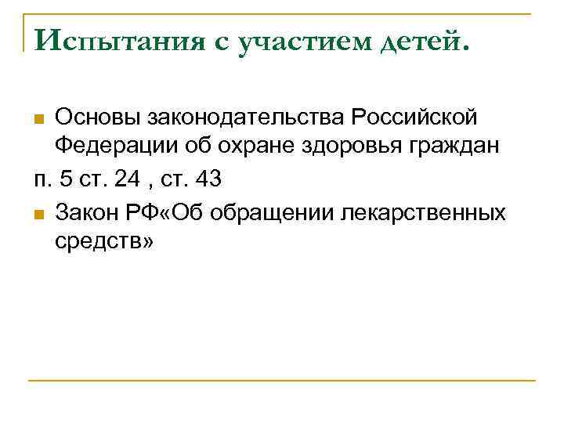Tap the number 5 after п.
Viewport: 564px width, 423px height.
coord(66,179)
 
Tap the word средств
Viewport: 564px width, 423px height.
coord(101,243)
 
